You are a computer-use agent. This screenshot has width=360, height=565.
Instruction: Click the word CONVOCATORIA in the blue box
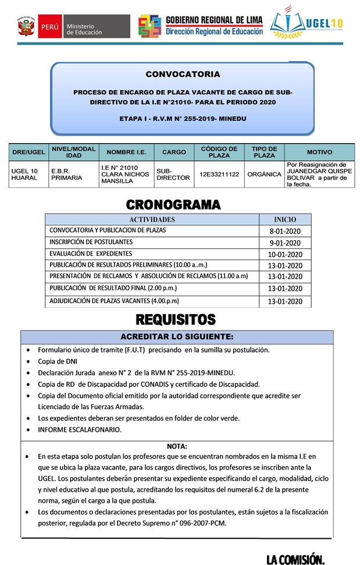click(183, 74)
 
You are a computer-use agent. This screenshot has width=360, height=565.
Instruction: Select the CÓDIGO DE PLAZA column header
click(219, 152)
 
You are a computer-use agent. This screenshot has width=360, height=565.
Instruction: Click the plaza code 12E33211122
click(219, 174)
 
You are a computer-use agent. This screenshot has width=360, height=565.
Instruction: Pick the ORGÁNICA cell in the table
click(264, 174)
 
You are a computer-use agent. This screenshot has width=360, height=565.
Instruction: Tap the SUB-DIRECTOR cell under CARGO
click(173, 174)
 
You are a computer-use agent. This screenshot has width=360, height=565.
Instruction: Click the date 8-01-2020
click(285, 231)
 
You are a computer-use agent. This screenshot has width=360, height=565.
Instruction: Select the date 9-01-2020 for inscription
click(285, 243)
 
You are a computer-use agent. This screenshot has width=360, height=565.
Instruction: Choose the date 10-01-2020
click(285, 254)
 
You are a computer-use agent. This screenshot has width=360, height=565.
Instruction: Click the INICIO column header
click(285, 219)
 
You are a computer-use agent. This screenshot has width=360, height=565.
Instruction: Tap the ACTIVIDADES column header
click(152, 219)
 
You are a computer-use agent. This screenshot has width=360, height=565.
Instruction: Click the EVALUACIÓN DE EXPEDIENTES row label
click(91, 254)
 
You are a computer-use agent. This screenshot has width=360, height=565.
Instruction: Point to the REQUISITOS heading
click(176, 319)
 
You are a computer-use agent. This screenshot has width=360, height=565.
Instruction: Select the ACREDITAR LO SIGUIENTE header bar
click(177, 337)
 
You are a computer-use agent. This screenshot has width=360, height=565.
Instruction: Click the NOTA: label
click(177, 446)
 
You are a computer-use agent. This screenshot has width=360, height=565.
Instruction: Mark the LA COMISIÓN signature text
click(295, 559)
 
